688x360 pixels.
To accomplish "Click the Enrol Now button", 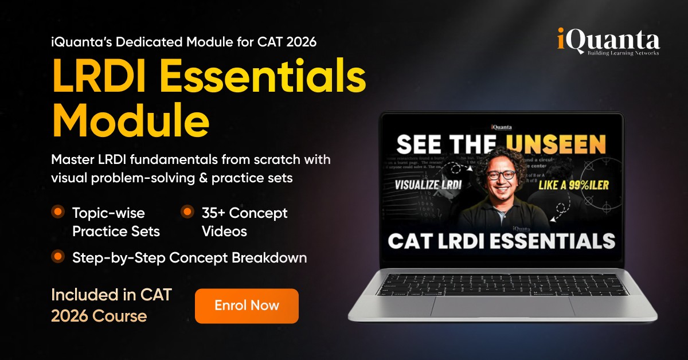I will coord(247,306).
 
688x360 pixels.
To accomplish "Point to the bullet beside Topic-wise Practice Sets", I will coord(58,212).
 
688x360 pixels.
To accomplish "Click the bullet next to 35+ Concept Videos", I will coord(187,212).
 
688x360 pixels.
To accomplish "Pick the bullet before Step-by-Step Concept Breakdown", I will coord(58,256).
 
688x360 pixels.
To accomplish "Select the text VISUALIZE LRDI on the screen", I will coord(428,185).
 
